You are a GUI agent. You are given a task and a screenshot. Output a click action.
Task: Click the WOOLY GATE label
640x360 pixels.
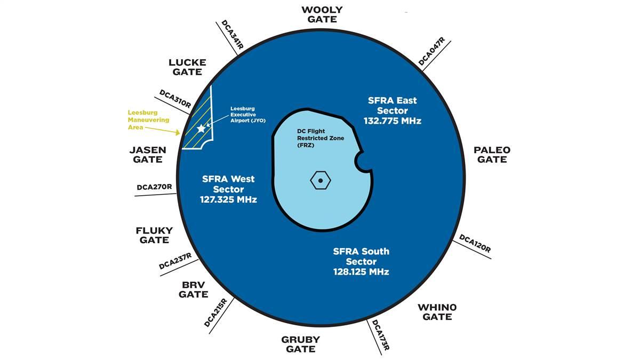pyautogui.click(x=322, y=14)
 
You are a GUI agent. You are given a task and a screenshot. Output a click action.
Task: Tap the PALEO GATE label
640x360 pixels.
pyautogui.click(x=492, y=154)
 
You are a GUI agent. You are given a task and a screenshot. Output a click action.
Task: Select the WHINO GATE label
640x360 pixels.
pyautogui.click(x=437, y=312)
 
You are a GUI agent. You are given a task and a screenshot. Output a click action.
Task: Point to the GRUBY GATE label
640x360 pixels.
pyautogui.click(x=300, y=344)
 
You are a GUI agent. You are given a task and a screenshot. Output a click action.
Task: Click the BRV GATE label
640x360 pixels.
pyautogui.click(x=194, y=289)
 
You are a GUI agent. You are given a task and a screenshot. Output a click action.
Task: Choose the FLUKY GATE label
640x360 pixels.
pyautogui.click(x=154, y=235)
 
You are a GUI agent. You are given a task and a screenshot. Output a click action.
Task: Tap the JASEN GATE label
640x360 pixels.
pyautogui.click(x=147, y=154)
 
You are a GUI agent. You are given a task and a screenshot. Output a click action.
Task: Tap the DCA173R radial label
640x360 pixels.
pyautogui.click(x=380, y=335)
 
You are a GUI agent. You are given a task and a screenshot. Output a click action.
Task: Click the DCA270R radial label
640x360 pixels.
pyautogui.click(x=154, y=187)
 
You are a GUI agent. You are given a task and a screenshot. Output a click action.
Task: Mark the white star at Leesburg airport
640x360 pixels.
pyautogui.click(x=201, y=129)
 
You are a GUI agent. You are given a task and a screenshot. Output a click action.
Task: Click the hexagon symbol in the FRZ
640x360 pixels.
pyautogui.click(x=320, y=180)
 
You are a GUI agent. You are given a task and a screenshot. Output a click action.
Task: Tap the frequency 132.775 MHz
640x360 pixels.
pyautogui.click(x=393, y=121)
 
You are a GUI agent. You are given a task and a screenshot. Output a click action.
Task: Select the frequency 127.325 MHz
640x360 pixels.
pyautogui.click(x=228, y=200)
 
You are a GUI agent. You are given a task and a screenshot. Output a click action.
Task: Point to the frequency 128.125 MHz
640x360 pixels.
pyautogui.click(x=361, y=272)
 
